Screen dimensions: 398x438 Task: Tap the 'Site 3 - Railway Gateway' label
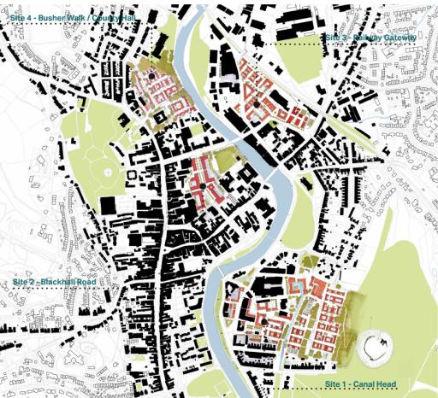click(370, 38)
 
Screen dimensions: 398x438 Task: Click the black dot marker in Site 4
click(152, 76)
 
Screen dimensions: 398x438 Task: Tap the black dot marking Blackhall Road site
click(202, 186)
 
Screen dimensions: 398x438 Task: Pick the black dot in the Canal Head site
click(264, 322)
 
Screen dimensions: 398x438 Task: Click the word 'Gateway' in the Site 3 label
click(400, 38)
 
